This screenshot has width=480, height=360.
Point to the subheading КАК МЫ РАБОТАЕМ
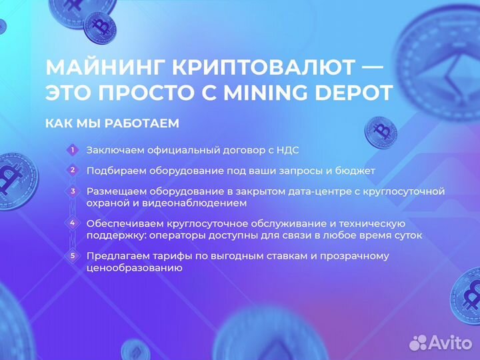(x=112, y=124)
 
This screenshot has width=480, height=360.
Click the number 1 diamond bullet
(x=73, y=150)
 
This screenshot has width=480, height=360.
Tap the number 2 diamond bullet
(x=73, y=171)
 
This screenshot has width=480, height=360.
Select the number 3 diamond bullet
(x=73, y=191)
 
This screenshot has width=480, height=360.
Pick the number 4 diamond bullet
(x=73, y=223)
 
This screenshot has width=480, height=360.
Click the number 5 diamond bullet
(x=73, y=255)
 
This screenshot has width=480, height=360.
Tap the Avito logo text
(x=450, y=343)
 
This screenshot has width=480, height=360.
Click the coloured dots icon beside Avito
(x=419, y=343)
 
